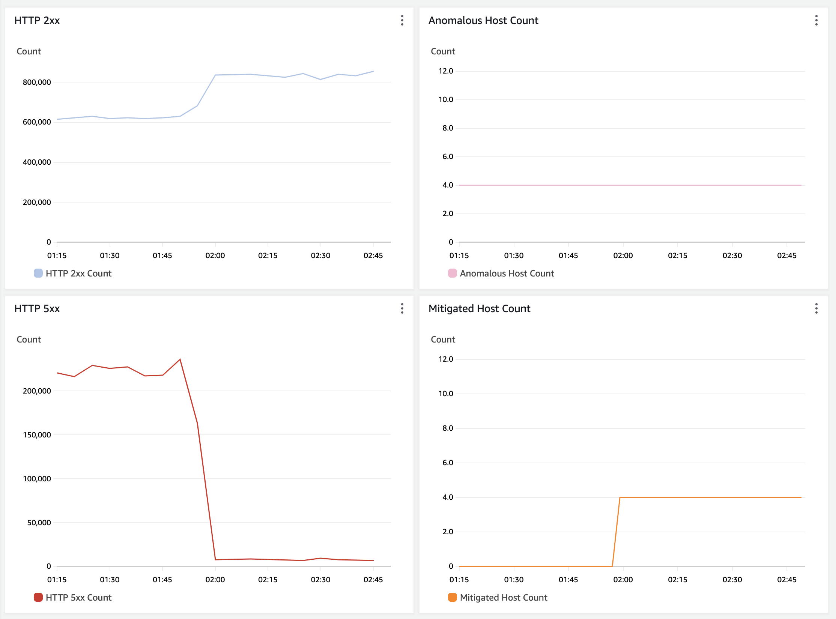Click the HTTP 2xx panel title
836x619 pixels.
pyautogui.click(x=37, y=21)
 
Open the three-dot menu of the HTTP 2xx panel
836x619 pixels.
pyautogui.click(x=402, y=20)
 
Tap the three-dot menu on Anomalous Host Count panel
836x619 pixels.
pyautogui.click(x=816, y=20)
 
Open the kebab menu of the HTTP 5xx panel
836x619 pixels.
pyautogui.click(x=402, y=308)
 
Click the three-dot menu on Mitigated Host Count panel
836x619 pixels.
pyautogui.click(x=816, y=308)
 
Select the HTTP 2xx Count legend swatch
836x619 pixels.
pyautogui.click(x=38, y=273)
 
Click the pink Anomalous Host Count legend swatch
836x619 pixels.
pyautogui.click(x=453, y=273)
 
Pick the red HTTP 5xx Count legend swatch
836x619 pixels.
pyautogui.click(x=38, y=597)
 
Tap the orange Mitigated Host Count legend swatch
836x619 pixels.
pyautogui.click(x=453, y=597)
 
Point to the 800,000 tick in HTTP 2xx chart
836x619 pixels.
pyautogui.click(x=37, y=82)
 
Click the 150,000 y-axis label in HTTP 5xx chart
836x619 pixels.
pyautogui.click(x=37, y=435)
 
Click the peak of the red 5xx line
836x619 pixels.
pyautogui.click(x=180, y=359)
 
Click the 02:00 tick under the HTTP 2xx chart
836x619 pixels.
pyautogui.click(x=215, y=255)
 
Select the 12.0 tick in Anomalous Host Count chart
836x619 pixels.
pyautogui.click(x=446, y=71)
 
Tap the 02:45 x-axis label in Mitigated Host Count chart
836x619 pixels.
pyautogui.click(x=786, y=580)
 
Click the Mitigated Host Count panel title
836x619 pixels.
pyautogui.click(x=479, y=309)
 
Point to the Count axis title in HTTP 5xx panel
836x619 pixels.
pyautogui.click(x=29, y=340)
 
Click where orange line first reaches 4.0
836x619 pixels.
pyautogui.click(x=620, y=497)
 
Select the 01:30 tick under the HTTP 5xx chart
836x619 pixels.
pyautogui.click(x=110, y=580)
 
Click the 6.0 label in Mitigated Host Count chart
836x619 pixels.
pyautogui.click(x=448, y=463)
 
